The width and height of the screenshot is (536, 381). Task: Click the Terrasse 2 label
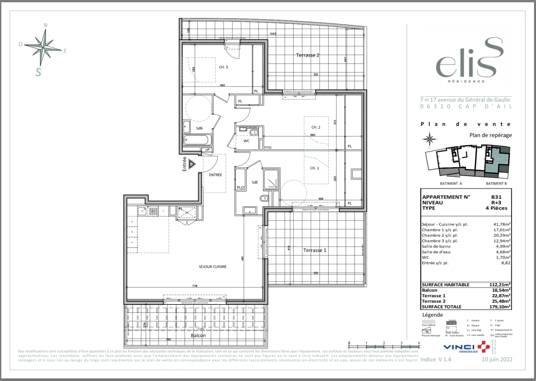[307, 55]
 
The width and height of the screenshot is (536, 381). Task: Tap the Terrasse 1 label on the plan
[314, 250]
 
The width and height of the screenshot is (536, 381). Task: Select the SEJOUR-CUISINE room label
[212, 267]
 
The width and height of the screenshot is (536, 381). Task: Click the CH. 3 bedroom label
[223, 67]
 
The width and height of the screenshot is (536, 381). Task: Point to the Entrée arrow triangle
[192, 164]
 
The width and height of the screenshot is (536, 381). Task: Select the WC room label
[246, 141]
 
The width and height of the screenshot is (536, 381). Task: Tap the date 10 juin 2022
[497, 359]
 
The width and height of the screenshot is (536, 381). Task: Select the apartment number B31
[496, 197]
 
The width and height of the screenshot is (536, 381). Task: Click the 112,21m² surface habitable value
[500, 285]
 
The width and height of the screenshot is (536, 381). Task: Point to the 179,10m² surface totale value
[500, 307]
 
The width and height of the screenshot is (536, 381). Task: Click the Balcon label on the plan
[198, 335]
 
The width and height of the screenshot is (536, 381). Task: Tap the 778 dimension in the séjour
[195, 286]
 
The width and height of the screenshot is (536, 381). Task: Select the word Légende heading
[432, 315]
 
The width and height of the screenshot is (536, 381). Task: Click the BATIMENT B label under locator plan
[496, 183]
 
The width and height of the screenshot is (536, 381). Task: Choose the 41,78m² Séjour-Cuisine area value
[502, 224]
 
